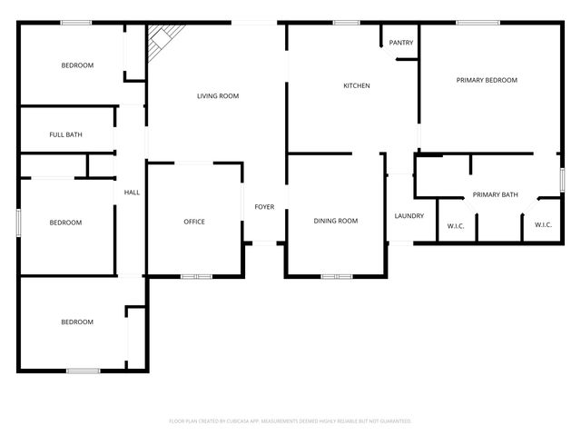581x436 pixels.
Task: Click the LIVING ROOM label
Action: tap(218, 95)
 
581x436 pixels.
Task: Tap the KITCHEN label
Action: tap(356, 86)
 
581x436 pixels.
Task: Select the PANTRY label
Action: tap(401, 43)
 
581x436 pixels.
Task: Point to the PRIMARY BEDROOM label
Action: tap(487, 80)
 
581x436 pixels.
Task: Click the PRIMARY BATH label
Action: tap(496, 194)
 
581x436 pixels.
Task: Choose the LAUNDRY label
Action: tap(409, 215)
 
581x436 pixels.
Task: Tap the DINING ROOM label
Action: tap(336, 221)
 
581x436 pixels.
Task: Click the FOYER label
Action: tap(264, 207)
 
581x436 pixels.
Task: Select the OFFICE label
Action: tap(194, 222)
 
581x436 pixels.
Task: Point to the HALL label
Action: tap(132, 193)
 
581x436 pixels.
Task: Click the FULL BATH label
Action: tap(65, 135)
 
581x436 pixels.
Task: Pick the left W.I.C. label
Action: tap(456, 224)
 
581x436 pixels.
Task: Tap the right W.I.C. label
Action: tap(543, 224)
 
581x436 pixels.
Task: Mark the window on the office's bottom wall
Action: tap(196, 276)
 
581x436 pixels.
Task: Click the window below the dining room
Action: tap(336, 276)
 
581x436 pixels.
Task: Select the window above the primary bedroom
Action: tap(478, 23)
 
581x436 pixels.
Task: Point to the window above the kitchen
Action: tap(346, 23)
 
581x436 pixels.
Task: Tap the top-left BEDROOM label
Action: tap(77, 65)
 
